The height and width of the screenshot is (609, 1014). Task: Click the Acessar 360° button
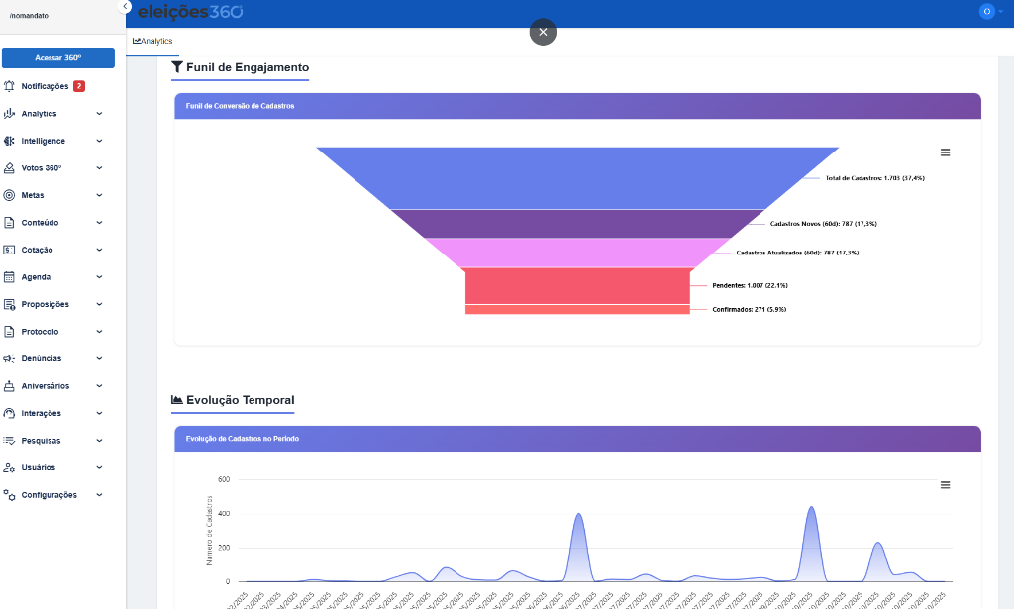coord(58,58)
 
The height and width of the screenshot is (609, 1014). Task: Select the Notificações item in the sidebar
coord(45,86)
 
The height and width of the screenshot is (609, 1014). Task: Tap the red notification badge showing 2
coord(79,86)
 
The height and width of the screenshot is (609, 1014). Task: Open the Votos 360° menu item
coord(42,168)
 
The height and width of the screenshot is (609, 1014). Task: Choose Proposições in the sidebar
coord(45,304)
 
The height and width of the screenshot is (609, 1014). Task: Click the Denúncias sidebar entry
coord(41,358)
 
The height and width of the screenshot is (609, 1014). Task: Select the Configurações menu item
coord(49,495)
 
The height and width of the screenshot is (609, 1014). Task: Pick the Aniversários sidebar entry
coord(46,386)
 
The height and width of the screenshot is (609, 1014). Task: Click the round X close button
coord(543,32)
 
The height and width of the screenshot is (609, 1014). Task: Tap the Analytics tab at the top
coord(152,41)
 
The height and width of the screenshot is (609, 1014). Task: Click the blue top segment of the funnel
coord(577,177)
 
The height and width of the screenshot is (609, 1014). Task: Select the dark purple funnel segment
coord(577,223)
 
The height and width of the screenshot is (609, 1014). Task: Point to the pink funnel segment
coord(577,253)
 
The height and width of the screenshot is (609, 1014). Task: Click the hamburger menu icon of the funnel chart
coord(945,152)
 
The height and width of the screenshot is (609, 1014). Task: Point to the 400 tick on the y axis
coord(224,513)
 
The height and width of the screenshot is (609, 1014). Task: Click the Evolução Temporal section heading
coord(240,400)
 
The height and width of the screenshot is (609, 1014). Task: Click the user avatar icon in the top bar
coord(986,11)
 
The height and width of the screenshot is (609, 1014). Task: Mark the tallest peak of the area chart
coord(811,508)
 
